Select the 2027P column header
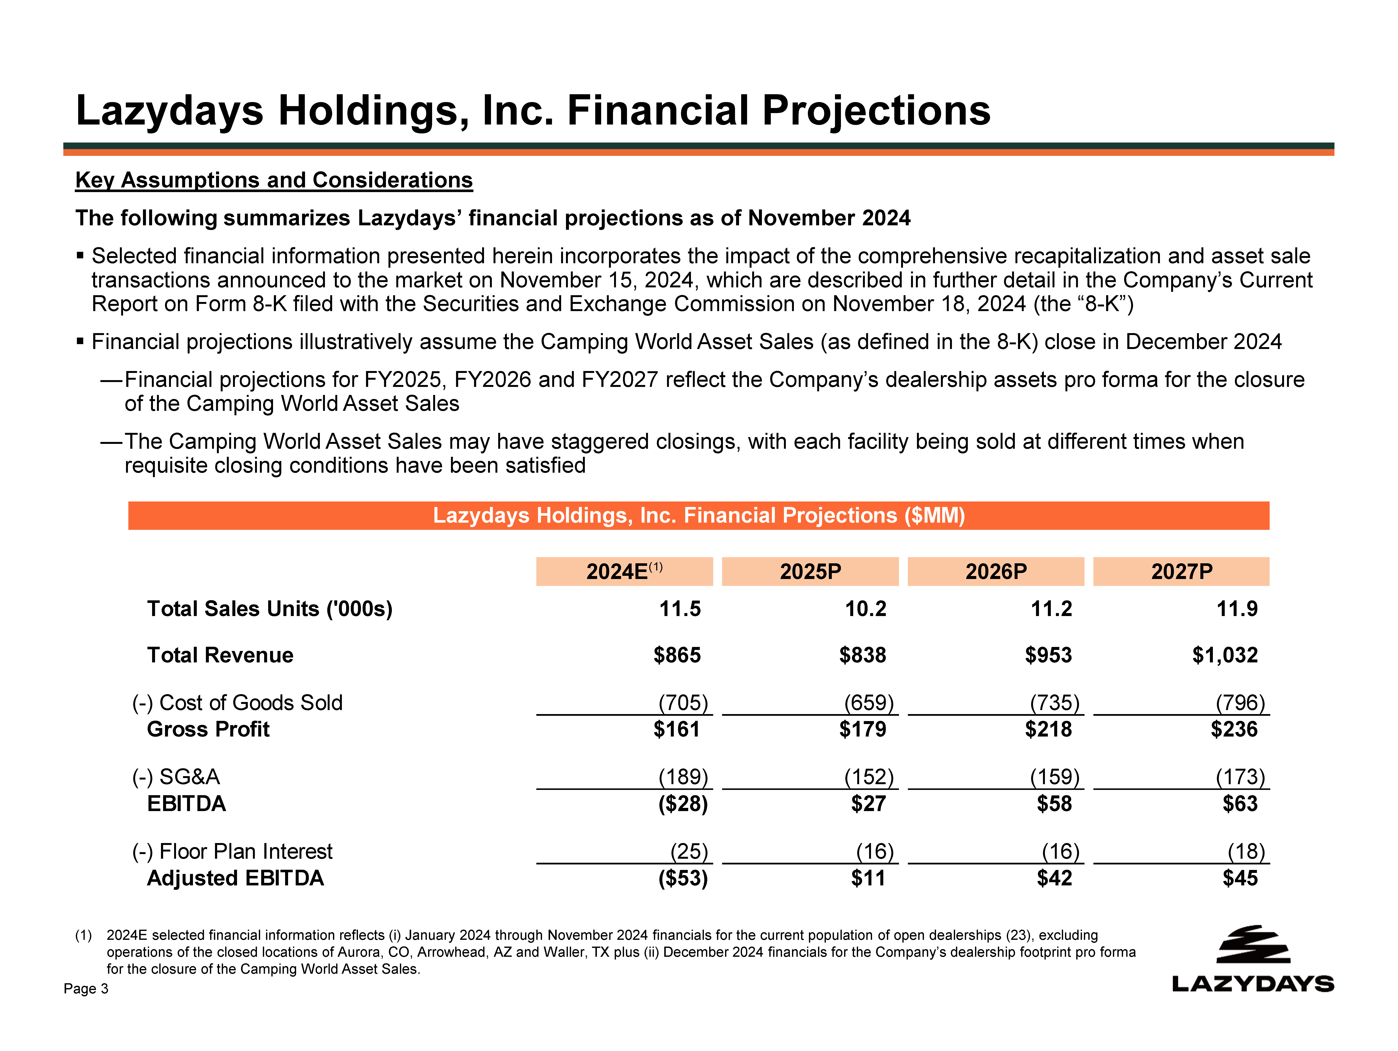[x=1181, y=571]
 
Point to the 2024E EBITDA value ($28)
[x=682, y=804]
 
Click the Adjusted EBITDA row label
[x=235, y=878]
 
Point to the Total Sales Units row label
[x=270, y=609]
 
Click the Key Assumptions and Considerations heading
[x=274, y=180]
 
